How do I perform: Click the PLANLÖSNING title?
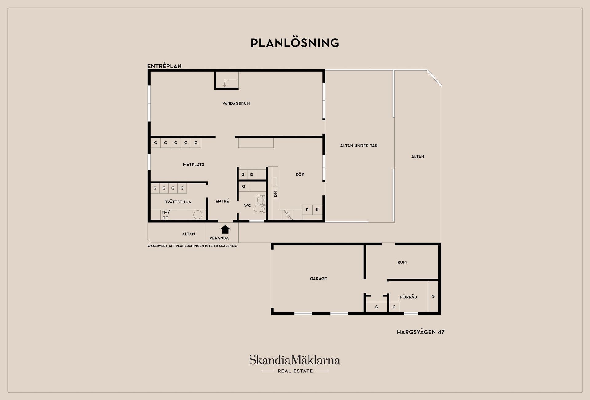click(x=295, y=43)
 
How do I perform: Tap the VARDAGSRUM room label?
click(x=236, y=104)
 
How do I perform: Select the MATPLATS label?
click(x=194, y=165)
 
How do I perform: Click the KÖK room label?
click(x=300, y=174)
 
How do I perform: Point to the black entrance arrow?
click(x=225, y=229)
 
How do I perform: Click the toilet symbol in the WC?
click(x=259, y=209)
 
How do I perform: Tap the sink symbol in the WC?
click(x=261, y=200)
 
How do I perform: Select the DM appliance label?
click(x=276, y=194)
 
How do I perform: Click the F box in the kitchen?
click(x=307, y=210)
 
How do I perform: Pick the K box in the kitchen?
click(x=317, y=210)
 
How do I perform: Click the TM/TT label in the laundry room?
click(x=166, y=215)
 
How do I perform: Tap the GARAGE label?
click(x=318, y=279)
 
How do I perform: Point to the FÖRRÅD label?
click(x=409, y=297)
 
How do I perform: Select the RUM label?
click(x=402, y=262)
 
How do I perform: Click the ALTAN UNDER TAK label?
click(x=359, y=146)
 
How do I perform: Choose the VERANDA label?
click(x=219, y=238)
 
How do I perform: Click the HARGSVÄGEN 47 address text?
click(x=421, y=332)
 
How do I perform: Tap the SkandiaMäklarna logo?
click(x=295, y=364)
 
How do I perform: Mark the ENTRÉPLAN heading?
click(x=164, y=66)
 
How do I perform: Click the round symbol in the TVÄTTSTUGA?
click(x=197, y=214)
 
